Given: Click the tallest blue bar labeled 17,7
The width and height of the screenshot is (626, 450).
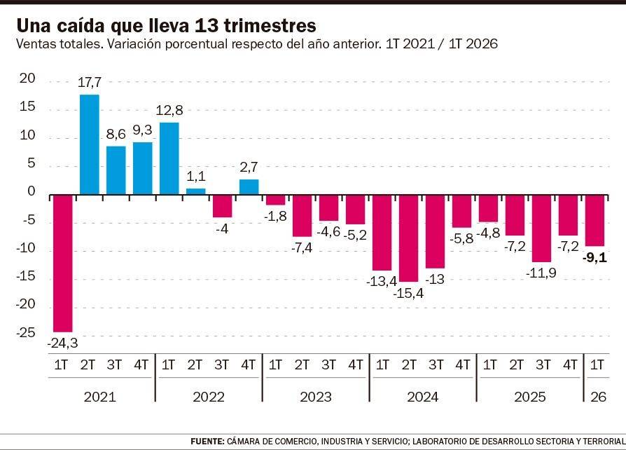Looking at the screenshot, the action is coord(90,144).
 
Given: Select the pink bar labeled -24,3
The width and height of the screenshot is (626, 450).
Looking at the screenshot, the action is coord(63,264).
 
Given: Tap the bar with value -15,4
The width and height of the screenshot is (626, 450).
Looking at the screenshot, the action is coord(409,238).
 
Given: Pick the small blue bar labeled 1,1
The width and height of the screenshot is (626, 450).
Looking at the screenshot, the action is coord(196,191).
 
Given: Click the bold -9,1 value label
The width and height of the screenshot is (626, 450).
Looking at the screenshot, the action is coord(594,258).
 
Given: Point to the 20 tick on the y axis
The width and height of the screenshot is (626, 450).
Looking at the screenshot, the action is coord(27,79).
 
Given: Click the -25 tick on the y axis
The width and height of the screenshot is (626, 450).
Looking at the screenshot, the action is coord(25,332).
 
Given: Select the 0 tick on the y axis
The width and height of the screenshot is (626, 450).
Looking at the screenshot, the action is coord(31,191).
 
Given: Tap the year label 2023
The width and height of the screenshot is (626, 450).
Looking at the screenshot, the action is coord(316,397).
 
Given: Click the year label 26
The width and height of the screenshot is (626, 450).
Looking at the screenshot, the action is coord(598,397).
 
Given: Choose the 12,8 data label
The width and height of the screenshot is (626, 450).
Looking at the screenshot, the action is coord(169,110).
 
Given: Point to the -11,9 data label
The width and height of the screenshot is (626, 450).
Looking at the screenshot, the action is coord(541,273).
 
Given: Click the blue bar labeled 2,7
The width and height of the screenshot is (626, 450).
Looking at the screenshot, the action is coord(249,187).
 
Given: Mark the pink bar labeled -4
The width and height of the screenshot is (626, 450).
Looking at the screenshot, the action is coord(223,206).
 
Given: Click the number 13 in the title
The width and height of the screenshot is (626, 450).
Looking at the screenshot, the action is coord(207,25).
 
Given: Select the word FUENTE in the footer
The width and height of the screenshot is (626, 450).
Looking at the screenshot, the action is coord(207,441).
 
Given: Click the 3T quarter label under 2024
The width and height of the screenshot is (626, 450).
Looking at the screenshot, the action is coord(436,365).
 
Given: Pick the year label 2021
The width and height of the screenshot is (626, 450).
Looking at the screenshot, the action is coord(100,397).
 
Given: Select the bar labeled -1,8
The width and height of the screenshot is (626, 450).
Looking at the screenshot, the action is coord(276,200).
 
